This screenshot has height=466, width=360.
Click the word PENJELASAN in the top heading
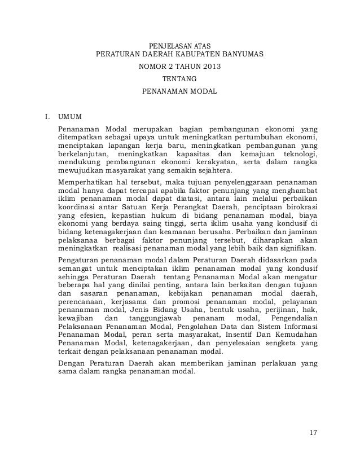(x=165, y=45)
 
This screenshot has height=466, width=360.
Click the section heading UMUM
(x=70, y=117)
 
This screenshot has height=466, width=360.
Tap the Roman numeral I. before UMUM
(x=47, y=117)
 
